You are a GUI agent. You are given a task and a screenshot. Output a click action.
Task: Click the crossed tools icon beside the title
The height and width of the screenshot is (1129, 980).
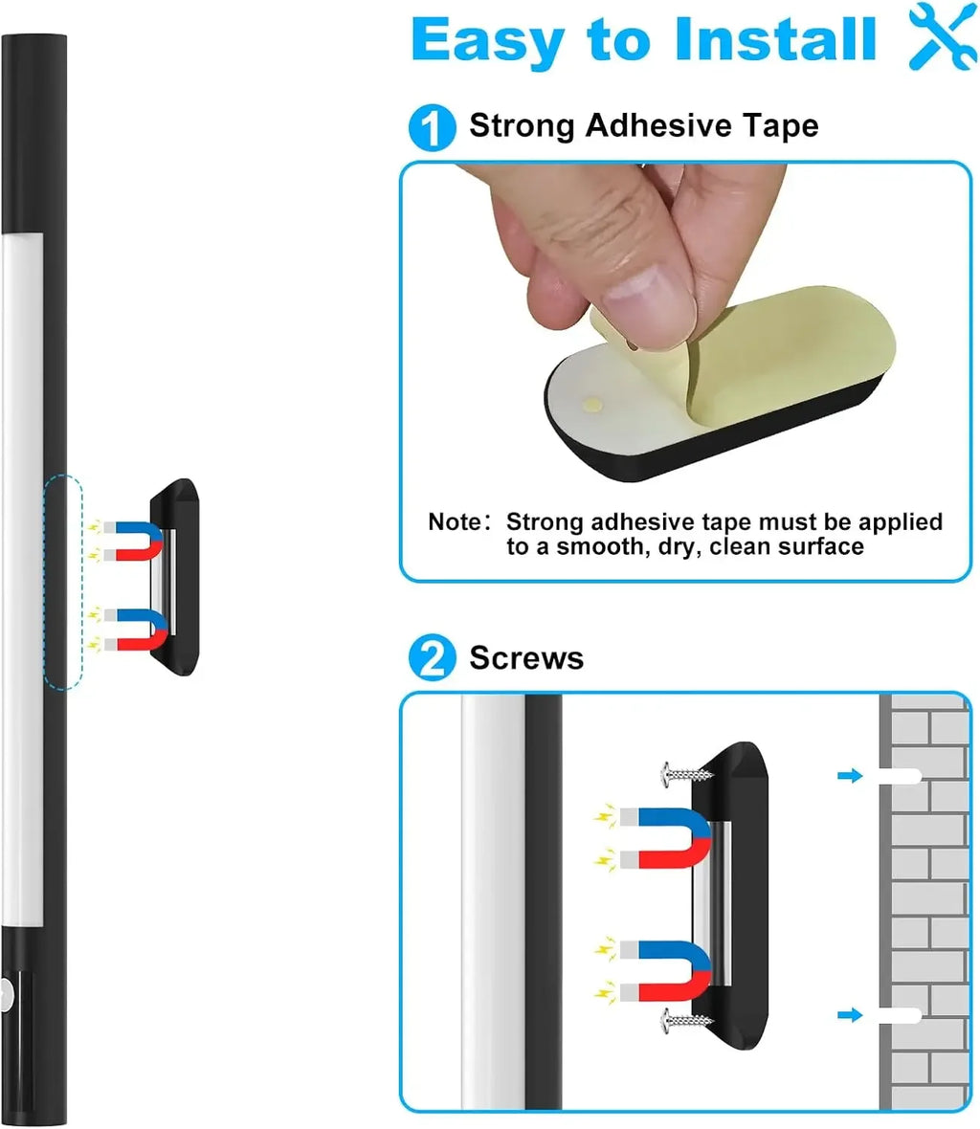[943, 36]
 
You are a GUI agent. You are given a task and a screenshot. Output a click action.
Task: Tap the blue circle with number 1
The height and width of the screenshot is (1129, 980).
[432, 127]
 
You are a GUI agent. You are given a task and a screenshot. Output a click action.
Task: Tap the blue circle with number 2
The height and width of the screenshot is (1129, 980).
[432, 657]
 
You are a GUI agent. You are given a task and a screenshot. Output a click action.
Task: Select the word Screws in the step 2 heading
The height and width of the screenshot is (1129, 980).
[526, 658]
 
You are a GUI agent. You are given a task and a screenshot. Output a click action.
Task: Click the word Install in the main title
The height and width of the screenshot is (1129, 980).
[776, 39]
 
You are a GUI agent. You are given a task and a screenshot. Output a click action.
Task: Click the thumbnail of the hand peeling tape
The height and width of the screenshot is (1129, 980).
[685, 322]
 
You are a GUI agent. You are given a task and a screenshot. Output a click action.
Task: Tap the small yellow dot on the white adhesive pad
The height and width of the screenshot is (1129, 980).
[592, 403]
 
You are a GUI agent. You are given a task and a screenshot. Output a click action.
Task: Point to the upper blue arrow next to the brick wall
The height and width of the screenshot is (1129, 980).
[850, 775]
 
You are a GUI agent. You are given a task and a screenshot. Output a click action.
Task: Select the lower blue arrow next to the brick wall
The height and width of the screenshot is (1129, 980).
[850, 1014]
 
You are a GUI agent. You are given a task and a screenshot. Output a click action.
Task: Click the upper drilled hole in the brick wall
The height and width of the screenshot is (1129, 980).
[900, 776]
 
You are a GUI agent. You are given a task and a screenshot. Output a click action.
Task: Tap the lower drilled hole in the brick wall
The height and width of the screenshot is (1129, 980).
[900, 1015]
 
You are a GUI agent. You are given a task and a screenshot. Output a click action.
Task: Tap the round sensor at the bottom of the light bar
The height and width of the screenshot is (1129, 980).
[6, 997]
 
